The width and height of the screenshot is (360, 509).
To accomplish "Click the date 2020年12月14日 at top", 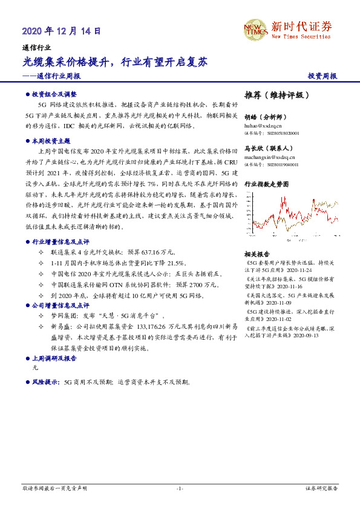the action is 61,30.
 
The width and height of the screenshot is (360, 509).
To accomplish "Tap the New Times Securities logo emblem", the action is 255,31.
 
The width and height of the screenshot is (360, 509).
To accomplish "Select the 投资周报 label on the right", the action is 322,77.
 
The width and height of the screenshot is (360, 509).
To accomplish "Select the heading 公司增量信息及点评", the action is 60,306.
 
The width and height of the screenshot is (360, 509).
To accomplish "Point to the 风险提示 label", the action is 46,383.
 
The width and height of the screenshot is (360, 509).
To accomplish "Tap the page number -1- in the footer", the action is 180,488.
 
